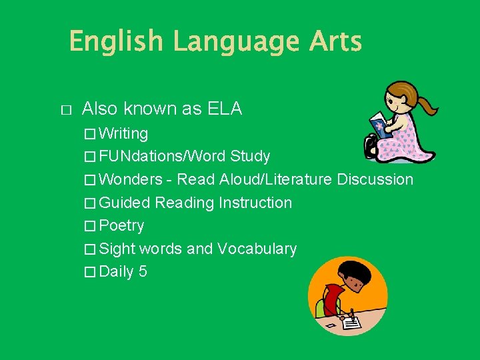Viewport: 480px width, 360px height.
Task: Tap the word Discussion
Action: pos(375,179)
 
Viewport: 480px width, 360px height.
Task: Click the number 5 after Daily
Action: pos(143,272)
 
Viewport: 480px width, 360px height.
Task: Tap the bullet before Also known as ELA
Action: pos(65,109)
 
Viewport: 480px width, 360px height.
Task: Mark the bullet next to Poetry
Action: pos(90,226)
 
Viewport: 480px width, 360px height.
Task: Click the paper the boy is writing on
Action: pos(348,322)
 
